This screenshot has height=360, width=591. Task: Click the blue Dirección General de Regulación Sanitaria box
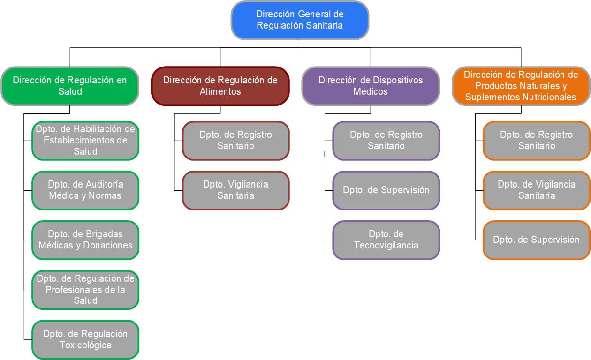(x=300, y=20)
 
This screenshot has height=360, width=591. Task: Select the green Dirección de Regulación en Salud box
(x=70, y=86)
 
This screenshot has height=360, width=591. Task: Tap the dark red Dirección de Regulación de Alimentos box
(x=220, y=86)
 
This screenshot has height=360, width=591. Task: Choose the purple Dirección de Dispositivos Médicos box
(x=371, y=86)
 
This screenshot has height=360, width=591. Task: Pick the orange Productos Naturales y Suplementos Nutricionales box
(x=521, y=86)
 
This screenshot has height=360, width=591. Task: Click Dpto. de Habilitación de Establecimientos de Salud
(x=85, y=140)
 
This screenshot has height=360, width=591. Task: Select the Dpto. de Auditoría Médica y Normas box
(x=85, y=190)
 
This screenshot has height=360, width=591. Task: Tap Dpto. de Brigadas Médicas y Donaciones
(x=85, y=240)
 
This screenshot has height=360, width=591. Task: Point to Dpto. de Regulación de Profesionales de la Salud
(x=85, y=289)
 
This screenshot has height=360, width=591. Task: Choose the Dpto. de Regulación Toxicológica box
(x=85, y=339)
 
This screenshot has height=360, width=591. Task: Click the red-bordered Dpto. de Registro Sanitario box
(x=235, y=140)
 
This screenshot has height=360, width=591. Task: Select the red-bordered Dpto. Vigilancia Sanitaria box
(x=235, y=190)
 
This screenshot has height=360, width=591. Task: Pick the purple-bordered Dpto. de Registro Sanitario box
(x=386, y=140)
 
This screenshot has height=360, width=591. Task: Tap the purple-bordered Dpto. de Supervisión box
(x=386, y=190)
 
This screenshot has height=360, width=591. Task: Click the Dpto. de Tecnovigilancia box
(x=386, y=240)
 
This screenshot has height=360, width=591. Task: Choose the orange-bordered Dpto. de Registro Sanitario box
(x=536, y=140)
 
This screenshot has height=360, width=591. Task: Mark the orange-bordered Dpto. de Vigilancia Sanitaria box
(x=536, y=190)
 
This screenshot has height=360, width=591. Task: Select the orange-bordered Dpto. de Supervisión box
(x=536, y=240)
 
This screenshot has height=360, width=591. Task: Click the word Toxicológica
(x=85, y=345)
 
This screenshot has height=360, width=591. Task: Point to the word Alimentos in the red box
(x=220, y=92)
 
